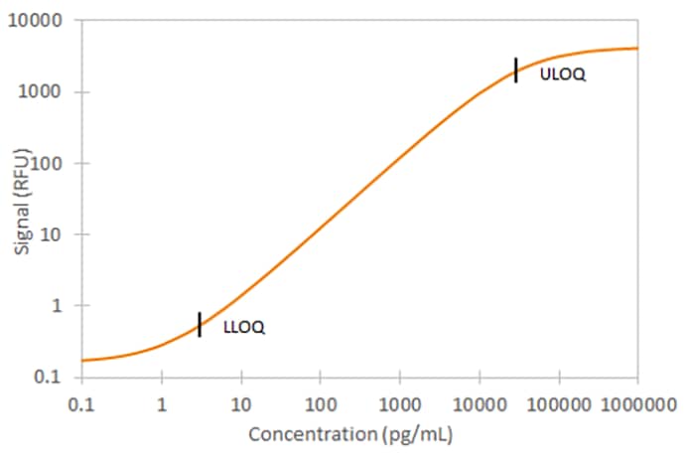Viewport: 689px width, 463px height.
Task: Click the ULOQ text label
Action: tap(563, 74)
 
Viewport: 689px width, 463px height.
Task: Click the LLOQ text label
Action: tap(244, 327)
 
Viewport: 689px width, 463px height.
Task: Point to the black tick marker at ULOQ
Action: tap(516, 71)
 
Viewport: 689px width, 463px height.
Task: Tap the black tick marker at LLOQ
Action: tap(200, 325)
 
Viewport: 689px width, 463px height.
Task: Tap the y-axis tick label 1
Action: tap(59, 306)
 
